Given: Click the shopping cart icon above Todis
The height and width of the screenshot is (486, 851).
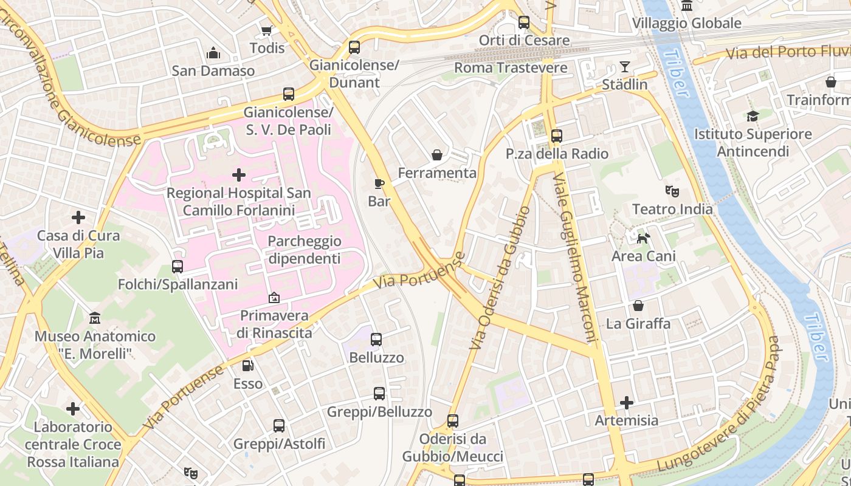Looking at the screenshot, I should [266, 30].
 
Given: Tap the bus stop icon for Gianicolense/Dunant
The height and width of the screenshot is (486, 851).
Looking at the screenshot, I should [354, 47].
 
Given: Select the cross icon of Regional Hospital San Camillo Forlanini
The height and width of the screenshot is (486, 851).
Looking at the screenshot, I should [239, 176].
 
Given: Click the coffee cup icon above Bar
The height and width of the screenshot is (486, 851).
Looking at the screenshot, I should [379, 183].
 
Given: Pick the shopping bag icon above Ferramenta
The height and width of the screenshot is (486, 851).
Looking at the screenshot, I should [436, 156].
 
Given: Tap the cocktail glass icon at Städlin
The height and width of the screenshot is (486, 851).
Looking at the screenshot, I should [624, 67].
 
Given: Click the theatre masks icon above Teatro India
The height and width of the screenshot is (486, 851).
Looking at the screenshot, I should [672, 191].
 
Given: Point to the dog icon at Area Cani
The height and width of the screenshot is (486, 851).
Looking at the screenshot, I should [643, 238].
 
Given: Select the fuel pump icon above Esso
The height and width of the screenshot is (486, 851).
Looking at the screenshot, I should [248, 366].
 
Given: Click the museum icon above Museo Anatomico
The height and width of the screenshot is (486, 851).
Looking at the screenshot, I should [95, 318].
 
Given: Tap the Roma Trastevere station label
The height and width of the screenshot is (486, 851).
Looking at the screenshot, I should [511, 67].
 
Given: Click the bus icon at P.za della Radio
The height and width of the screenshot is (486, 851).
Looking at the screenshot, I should [557, 136].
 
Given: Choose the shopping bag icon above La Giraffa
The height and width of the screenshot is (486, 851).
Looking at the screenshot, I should [638, 306].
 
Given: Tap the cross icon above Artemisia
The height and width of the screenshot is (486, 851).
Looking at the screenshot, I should [627, 403].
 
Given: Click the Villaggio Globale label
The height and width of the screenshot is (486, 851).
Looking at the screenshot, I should [686, 23].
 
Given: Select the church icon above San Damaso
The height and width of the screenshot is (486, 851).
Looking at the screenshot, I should [213, 53].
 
